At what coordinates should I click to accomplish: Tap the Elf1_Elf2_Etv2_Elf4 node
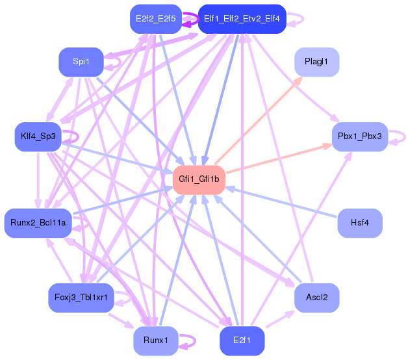242,19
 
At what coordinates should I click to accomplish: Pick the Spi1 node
81,62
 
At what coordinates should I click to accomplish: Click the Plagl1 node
317,62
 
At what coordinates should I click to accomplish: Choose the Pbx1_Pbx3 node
359,136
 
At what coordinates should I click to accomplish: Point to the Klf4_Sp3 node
38,136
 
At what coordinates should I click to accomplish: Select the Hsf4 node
359,223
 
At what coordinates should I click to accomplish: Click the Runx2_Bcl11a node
38,223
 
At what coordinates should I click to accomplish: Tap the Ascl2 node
317,298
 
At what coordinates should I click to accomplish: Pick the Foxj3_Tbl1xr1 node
81,298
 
